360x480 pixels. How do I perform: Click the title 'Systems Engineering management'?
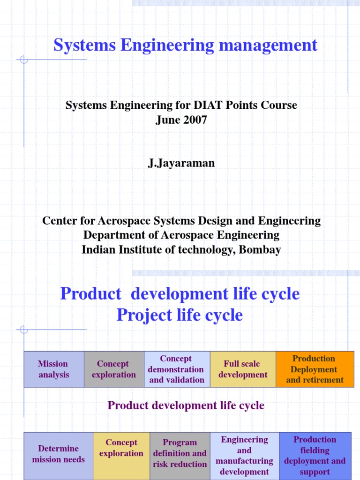(x=185, y=45)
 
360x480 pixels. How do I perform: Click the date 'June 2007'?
(x=181, y=120)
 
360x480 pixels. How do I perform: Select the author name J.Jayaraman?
(x=181, y=163)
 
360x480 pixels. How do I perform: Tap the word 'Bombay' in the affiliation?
(x=260, y=250)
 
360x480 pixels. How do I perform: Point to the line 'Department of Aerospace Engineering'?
(x=181, y=235)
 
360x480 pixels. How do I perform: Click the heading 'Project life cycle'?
(x=180, y=315)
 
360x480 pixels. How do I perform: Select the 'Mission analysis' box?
(x=53, y=369)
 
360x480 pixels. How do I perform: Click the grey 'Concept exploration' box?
(x=114, y=369)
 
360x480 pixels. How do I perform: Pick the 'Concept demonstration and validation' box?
(x=177, y=369)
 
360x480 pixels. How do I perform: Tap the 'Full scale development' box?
(x=243, y=369)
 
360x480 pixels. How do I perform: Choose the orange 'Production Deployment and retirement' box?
(x=315, y=369)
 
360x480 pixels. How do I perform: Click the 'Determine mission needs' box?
(x=59, y=454)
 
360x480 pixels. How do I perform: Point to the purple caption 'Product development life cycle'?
(x=186, y=406)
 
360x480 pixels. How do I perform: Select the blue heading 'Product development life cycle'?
(x=180, y=294)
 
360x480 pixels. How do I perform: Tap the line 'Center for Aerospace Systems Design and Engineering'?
(x=181, y=221)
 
